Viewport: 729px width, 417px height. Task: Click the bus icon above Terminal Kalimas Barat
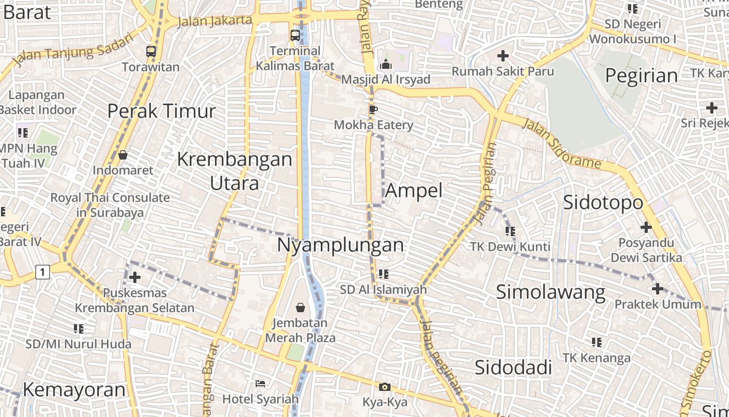(295, 35)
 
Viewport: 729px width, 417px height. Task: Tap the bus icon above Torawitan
(151, 51)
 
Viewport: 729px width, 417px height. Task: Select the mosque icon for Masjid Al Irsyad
(386, 64)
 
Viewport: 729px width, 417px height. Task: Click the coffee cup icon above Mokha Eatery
(373, 109)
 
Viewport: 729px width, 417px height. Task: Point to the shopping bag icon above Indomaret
(123, 155)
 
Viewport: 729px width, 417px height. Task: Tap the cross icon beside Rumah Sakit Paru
(503, 55)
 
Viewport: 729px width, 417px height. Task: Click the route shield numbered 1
(43, 272)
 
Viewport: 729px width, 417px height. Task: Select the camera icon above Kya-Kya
(385, 387)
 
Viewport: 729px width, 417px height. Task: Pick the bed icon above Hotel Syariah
(260, 384)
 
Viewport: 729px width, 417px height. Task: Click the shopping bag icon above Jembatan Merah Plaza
(300, 308)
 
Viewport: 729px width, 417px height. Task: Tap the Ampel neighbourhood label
(414, 190)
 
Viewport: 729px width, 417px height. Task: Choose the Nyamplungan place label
(341, 244)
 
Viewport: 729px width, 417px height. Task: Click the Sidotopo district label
(603, 202)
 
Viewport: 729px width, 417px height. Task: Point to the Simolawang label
(550, 292)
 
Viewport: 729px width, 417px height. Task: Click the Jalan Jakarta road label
(215, 21)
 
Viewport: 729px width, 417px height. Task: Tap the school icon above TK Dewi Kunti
(510, 230)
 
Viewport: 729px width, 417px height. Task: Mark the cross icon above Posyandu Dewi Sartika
(646, 227)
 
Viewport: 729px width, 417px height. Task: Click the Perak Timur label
(161, 111)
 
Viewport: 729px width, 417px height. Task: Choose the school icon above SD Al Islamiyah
(384, 274)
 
